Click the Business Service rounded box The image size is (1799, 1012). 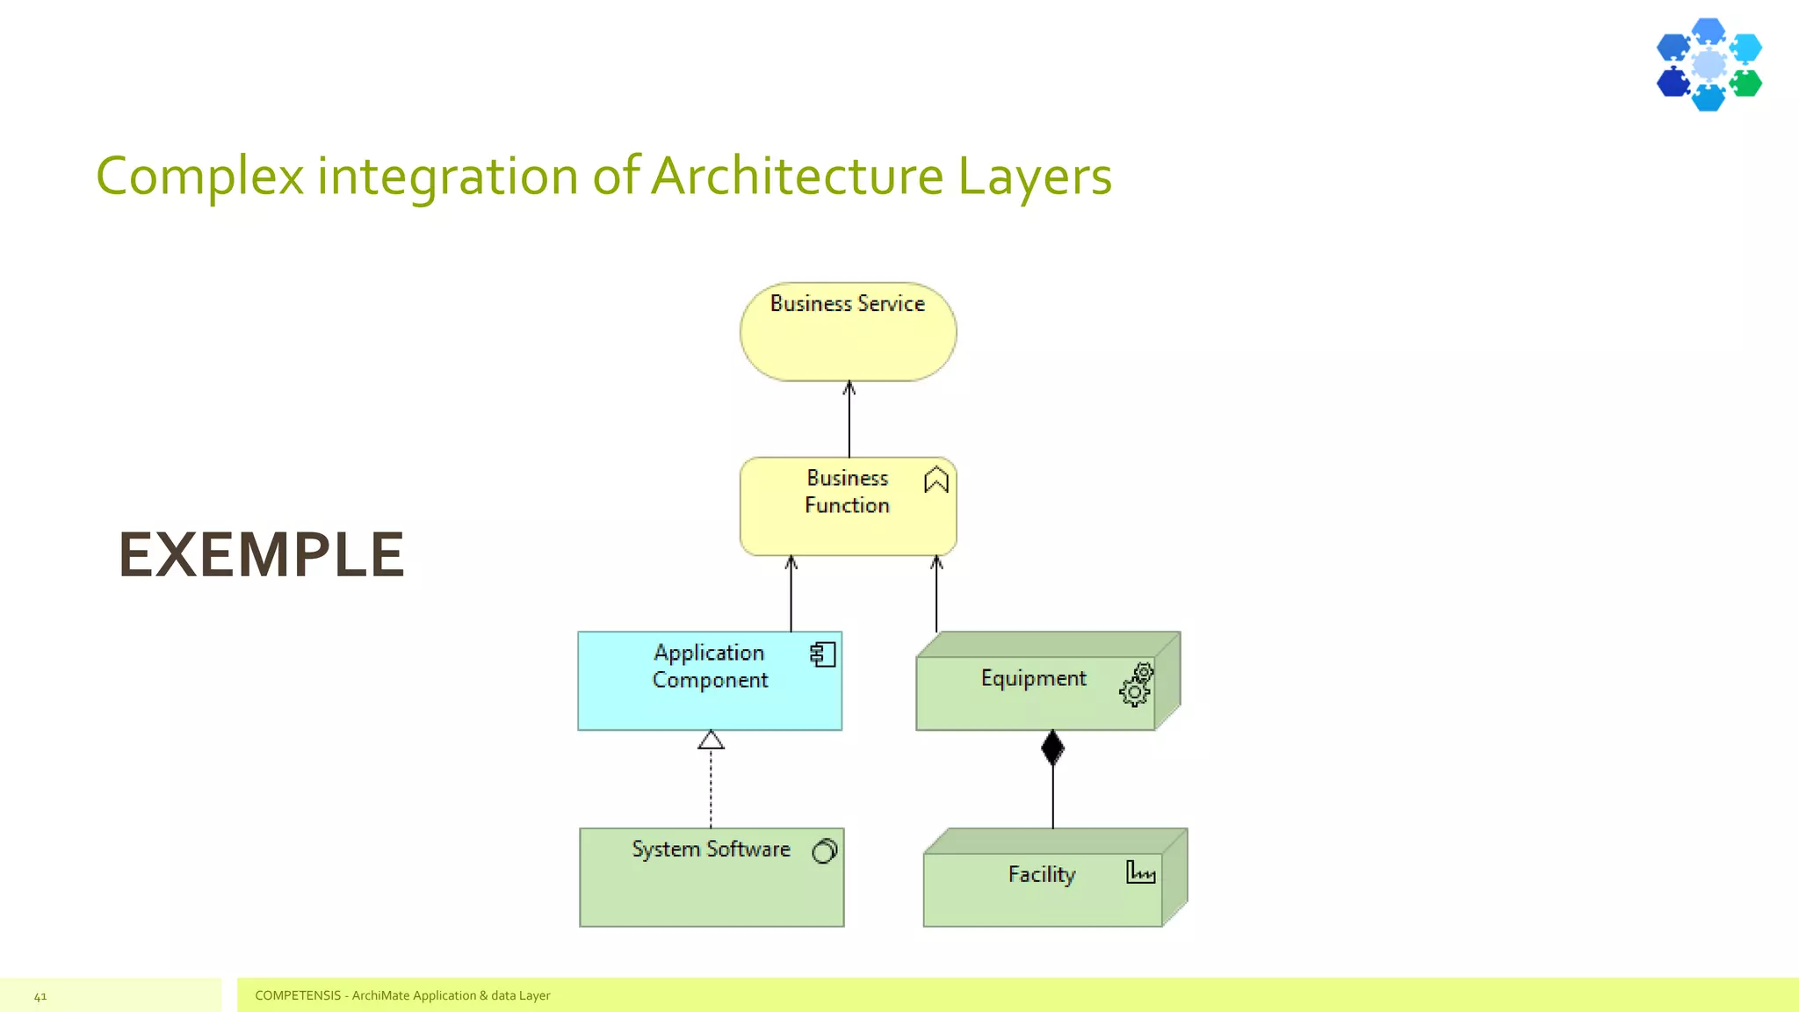tap(848, 332)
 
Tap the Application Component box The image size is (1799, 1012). tap(710, 682)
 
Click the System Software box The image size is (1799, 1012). tap(712, 878)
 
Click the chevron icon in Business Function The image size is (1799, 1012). tap(936, 480)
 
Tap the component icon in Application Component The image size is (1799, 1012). tap(822, 654)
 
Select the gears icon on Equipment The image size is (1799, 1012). tap(1137, 684)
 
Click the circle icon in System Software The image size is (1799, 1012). tap(825, 850)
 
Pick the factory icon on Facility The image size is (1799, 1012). tap(1140, 871)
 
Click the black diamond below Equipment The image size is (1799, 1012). tap(1052, 748)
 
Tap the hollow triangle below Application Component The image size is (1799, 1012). tap(711, 741)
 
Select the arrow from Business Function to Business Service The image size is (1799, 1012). tap(849, 419)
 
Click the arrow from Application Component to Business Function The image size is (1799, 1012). tap(791, 594)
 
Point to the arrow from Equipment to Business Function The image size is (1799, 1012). tap(936, 594)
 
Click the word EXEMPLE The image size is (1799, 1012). tap(262, 555)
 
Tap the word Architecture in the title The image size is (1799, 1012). tap(798, 175)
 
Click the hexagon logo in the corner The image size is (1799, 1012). tap(1709, 64)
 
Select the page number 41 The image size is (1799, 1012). tap(40, 996)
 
